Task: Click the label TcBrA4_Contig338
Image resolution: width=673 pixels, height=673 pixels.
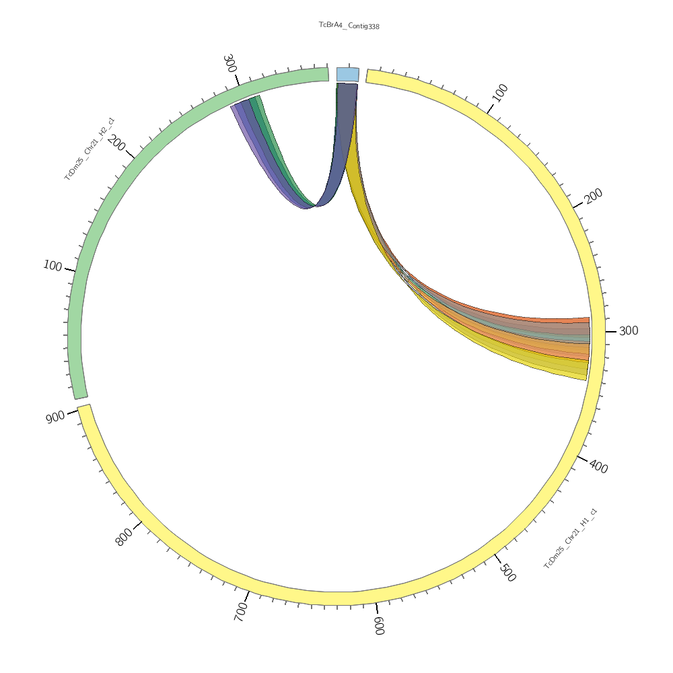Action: pyautogui.click(x=349, y=26)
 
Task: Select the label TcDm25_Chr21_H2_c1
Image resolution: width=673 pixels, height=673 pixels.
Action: pyautogui.click(x=90, y=149)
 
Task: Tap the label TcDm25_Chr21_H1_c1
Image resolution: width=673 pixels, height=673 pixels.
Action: pyautogui.click(x=570, y=538)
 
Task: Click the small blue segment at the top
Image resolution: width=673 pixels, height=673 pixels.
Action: pyautogui.click(x=348, y=74)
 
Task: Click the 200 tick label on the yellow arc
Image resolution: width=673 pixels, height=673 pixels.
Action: pyautogui.click(x=593, y=196)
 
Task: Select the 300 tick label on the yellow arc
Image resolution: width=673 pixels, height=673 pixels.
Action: pyautogui.click(x=628, y=331)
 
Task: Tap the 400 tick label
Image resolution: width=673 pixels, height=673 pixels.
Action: pyautogui.click(x=598, y=466)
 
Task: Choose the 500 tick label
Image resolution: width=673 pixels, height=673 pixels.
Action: pyautogui.click(x=507, y=572)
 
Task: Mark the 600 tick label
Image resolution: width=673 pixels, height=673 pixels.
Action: pyautogui.click(x=379, y=626)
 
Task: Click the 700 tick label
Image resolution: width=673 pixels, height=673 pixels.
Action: pyautogui.click(x=241, y=612)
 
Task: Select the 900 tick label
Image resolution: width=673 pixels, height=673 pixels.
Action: pyautogui.click(x=56, y=417)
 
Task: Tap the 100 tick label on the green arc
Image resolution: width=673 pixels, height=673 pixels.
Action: pyautogui.click(x=52, y=266)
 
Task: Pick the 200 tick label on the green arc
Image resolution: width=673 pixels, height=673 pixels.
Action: pyautogui.click(x=116, y=143)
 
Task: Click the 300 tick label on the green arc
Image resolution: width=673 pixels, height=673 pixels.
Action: pyautogui.click(x=229, y=64)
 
